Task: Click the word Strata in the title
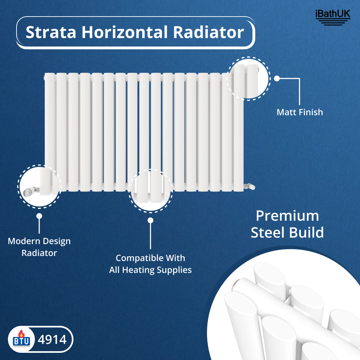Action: pyautogui.click(x=50, y=32)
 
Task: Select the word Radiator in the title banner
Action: pyautogui.click(x=208, y=32)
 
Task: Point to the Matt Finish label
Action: pyautogui.click(x=300, y=112)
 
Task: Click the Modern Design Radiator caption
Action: pyautogui.click(x=39, y=247)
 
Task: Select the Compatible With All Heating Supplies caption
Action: pyautogui.click(x=150, y=264)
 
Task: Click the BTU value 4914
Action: pyautogui.click(x=53, y=339)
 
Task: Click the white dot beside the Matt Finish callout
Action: pyautogui.click(x=277, y=78)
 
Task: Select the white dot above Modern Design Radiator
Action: pyautogui.click(x=39, y=216)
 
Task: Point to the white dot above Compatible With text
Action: pyautogui.click(x=150, y=220)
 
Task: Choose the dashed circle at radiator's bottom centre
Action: pyautogui.click(x=150, y=191)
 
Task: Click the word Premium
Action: pyautogui.click(x=287, y=216)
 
